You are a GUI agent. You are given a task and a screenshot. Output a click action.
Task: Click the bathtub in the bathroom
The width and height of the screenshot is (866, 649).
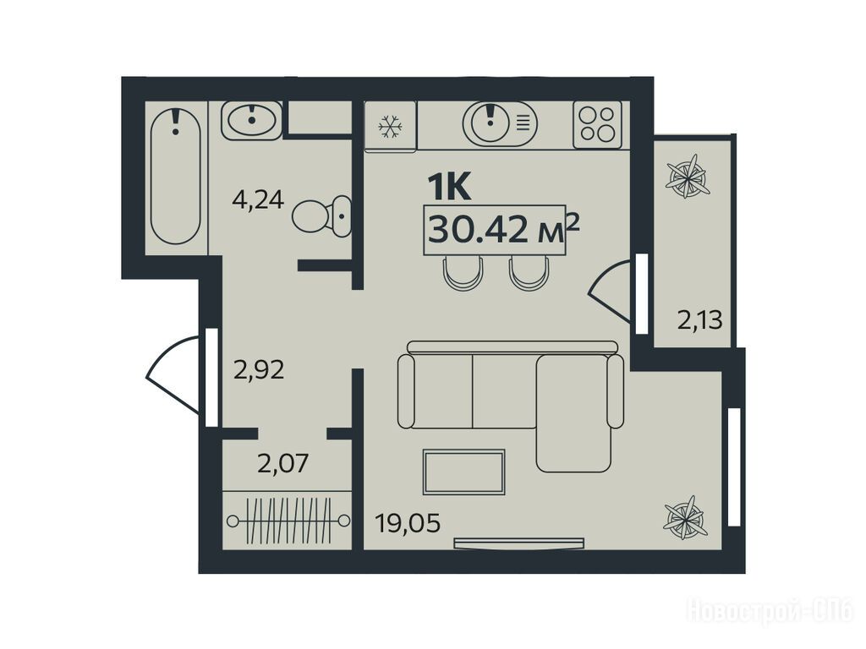coord(176,176)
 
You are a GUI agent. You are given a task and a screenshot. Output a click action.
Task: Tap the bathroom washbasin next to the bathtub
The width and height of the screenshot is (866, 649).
coord(252,120)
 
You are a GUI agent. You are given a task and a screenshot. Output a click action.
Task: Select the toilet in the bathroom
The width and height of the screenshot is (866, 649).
coord(321,215)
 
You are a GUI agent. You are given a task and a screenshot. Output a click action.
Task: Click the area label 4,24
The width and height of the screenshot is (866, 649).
coord(258,199)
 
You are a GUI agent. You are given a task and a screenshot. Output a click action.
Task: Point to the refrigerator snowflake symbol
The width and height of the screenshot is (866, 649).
coord(390,127)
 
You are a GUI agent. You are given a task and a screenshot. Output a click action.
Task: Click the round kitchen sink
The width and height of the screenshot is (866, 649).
coord(500,124)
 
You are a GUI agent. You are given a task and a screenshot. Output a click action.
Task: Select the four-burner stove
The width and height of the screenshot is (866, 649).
coord(598,124)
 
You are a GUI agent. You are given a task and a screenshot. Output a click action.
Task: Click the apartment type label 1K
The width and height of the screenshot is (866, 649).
coord(450,187)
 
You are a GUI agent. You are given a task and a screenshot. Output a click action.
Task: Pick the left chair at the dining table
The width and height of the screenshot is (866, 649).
coord(463,273)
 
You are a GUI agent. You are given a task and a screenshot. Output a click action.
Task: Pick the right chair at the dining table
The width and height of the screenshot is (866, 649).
coord(530,273)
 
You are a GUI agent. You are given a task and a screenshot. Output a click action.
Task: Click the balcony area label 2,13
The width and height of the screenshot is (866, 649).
coord(699,319)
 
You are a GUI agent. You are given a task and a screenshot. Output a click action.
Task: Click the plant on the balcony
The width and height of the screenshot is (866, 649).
coord(687,177)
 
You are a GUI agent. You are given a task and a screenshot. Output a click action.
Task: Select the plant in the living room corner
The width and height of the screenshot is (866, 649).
coord(685,518)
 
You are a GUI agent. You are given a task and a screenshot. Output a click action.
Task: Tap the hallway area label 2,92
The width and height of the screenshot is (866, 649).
coord(259,369)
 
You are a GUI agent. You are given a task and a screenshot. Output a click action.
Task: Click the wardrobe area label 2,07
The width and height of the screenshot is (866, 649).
coord(282,463)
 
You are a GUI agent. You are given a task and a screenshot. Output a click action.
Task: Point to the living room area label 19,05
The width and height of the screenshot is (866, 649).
coord(408,522)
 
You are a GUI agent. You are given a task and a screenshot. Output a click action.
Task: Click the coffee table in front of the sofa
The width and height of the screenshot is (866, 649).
coord(464,472)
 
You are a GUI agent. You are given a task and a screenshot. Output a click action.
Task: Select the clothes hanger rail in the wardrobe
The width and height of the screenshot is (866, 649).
coord(288,520)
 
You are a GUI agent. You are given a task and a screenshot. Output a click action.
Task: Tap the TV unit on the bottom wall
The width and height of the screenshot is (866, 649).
coord(519,543)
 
